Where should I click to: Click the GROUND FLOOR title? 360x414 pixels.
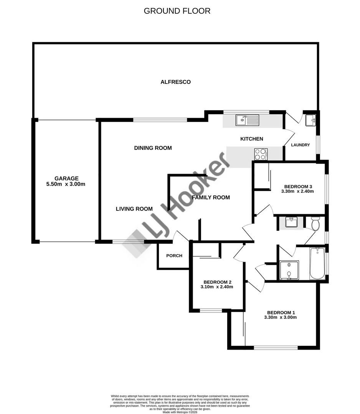pos(177,11)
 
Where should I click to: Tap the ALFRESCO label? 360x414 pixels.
pos(175,82)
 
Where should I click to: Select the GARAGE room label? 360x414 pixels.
pos(66,178)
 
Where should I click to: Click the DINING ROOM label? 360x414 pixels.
pos(153,148)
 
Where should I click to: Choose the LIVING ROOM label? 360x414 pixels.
pos(134,209)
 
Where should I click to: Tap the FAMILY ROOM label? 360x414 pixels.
pos(211,197)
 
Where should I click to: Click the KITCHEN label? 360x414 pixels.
pos(251,139)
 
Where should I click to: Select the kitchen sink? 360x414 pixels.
pos(248,120)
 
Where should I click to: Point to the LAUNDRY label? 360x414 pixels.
pos(300,145)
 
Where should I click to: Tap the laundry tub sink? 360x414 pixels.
pos(310,120)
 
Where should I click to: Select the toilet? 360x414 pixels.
pos(315,224)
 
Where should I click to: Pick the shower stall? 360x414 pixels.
pos(289,270)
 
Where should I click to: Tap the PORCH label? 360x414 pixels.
pos(174,256)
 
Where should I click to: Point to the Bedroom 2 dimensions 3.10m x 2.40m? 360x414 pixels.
pos(217,287)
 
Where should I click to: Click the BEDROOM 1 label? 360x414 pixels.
pos(280,312)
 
